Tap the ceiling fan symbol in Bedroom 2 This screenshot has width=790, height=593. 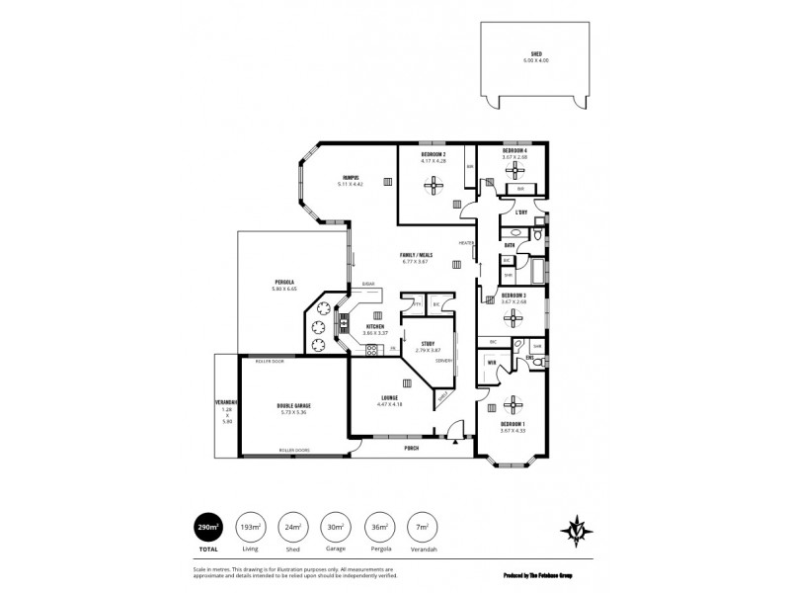click(x=434, y=184)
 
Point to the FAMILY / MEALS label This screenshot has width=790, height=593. click(x=416, y=254)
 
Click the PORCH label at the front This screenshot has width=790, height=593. click(x=411, y=448)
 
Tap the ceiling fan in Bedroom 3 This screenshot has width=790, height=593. click(x=513, y=315)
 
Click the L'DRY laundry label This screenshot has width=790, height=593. click(x=520, y=212)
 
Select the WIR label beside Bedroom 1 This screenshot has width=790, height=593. click(x=491, y=363)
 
